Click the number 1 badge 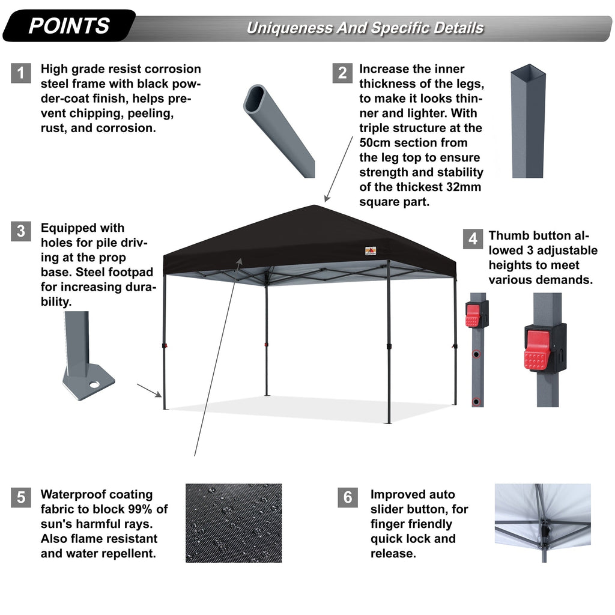pos(21,73)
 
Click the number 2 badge pos(342,73)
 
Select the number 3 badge pos(21,231)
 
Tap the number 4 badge pos(473,238)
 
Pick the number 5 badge pos(21,497)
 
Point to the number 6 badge pos(348,497)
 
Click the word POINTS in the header pos(69,26)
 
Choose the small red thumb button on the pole pos(473,315)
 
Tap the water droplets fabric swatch pos(233,523)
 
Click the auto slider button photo pos(542,523)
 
